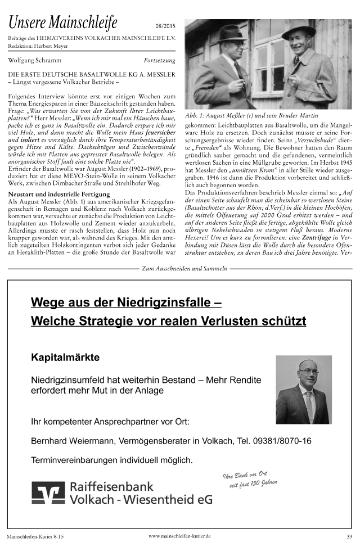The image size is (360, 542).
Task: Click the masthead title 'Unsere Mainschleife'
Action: pyautogui.click(x=63, y=23)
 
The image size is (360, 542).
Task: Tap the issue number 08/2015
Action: pyautogui.click(x=164, y=26)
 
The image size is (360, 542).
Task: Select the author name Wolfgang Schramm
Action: pyautogui.click(x=31, y=60)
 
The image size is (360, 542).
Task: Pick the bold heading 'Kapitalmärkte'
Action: pyautogui.click(x=65, y=357)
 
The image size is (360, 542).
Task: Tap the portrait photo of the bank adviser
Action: pyautogui.click(x=303, y=389)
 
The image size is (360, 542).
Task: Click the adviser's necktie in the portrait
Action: pyautogui.click(x=308, y=405)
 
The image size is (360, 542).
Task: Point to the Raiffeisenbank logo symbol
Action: pyautogui.click(x=48, y=493)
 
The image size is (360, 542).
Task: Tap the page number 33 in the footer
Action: pyautogui.click(x=349, y=536)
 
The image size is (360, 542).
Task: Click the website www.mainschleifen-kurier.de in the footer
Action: pyautogui.click(x=179, y=536)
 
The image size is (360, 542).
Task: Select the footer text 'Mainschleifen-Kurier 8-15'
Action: pyautogui.click(x=35, y=537)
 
